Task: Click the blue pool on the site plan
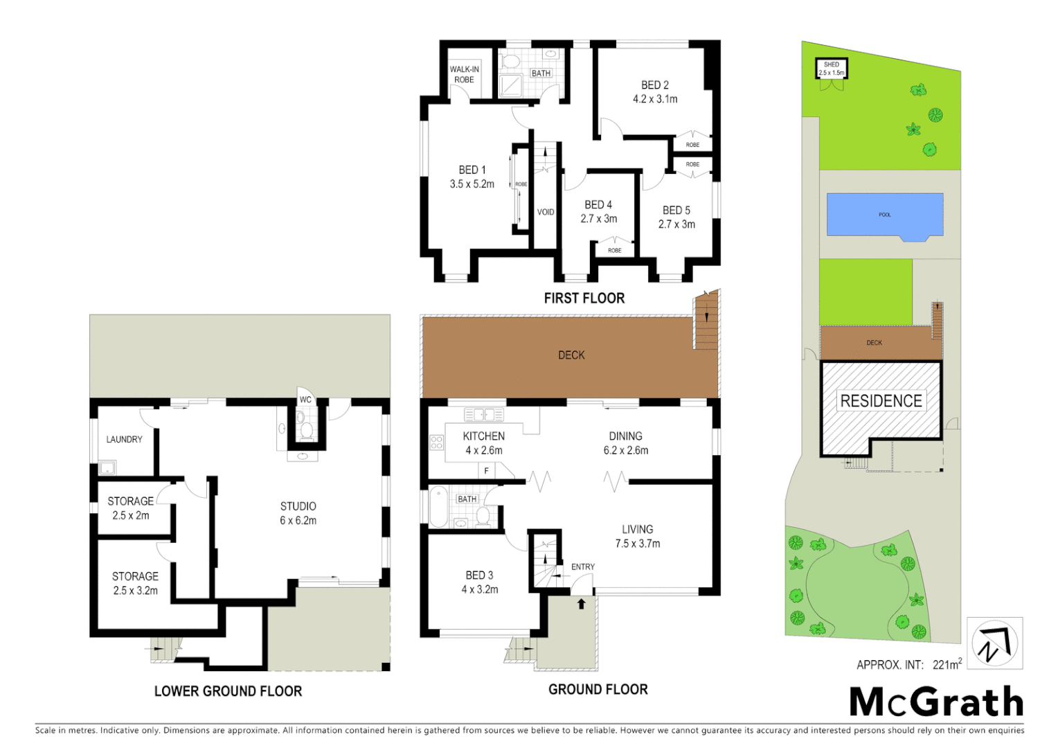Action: (884, 215)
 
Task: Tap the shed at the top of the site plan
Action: (831, 69)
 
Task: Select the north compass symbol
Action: (994, 643)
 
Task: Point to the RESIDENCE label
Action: (881, 401)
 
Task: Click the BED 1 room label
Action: (472, 170)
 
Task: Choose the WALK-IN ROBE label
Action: (464, 74)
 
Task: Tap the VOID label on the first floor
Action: (546, 212)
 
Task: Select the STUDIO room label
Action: (298, 506)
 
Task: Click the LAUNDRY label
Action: (124, 439)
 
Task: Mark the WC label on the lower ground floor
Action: (305, 400)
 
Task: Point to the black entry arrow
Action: (582, 604)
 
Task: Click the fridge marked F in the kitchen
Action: (487, 471)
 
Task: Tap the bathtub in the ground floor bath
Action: (438, 508)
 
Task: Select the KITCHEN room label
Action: (483, 436)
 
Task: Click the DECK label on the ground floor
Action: (571, 355)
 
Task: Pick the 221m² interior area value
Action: (947, 664)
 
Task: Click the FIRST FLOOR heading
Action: (584, 298)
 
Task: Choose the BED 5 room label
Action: (676, 210)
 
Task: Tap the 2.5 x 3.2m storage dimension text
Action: (136, 591)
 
